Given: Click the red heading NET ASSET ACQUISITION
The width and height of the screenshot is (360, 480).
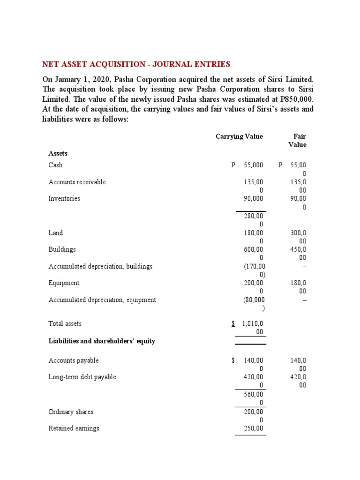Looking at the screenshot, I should [x=136, y=64].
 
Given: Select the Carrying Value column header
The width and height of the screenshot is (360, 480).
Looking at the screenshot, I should [x=239, y=136].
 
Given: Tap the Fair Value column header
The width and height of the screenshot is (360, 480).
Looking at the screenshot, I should [x=298, y=141].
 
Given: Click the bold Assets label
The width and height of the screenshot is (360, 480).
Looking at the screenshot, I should [x=58, y=153].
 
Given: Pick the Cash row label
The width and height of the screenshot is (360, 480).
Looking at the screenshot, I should [x=55, y=165].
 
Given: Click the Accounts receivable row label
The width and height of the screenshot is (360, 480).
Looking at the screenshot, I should [x=77, y=182].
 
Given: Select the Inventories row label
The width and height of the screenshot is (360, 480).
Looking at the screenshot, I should [x=64, y=199].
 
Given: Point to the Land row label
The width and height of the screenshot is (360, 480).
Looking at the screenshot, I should [x=55, y=233].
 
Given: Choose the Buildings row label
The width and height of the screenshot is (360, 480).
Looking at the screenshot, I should [x=62, y=250].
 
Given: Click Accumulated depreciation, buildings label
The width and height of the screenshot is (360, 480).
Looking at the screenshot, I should [x=100, y=266].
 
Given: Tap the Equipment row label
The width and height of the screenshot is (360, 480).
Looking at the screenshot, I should [x=64, y=283].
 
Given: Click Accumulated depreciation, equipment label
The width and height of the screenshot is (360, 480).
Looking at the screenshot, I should [x=102, y=300].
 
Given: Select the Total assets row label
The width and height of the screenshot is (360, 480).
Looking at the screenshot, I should [x=65, y=323].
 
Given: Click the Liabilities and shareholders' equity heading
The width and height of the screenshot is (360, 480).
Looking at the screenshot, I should [x=102, y=341].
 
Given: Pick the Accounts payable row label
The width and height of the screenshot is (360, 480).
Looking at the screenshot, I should [x=74, y=360].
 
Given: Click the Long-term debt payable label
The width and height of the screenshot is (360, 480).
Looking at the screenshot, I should [x=82, y=377].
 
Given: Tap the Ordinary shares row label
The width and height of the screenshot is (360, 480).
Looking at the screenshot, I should [x=71, y=412].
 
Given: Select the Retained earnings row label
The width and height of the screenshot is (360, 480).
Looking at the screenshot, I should [x=74, y=428].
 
